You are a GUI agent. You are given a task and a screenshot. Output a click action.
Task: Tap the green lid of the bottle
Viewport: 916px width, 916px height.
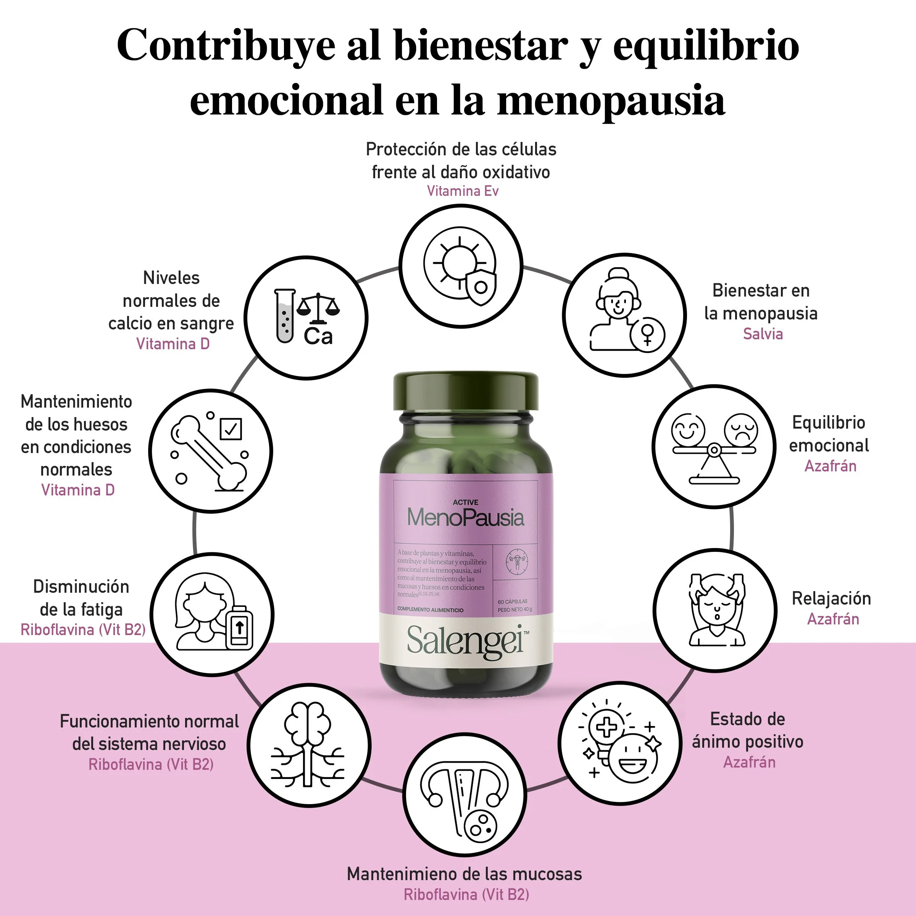(x=466, y=391)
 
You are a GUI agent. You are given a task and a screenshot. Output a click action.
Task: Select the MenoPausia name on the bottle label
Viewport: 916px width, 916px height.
(x=466, y=517)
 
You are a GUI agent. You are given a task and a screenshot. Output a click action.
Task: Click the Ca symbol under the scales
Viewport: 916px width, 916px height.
(x=318, y=336)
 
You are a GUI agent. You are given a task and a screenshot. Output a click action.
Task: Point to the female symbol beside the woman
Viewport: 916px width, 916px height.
(x=648, y=334)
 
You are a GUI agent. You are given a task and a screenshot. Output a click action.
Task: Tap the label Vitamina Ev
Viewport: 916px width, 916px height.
(x=462, y=191)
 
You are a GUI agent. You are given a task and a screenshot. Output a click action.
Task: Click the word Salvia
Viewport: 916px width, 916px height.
(x=763, y=334)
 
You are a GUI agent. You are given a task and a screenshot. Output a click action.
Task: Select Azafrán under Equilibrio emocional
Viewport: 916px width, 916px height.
(x=830, y=466)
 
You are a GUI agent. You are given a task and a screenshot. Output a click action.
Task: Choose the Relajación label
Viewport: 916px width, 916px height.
(x=831, y=598)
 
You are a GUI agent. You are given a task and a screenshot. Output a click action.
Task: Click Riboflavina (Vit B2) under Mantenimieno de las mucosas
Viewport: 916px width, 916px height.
(x=466, y=894)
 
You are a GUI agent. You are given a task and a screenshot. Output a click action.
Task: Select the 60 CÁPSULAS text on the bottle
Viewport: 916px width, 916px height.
(x=513, y=601)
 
